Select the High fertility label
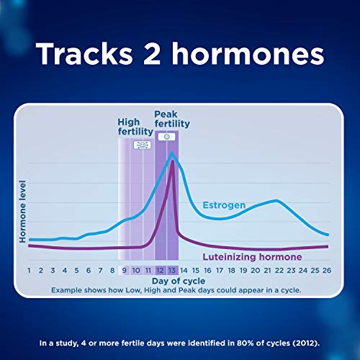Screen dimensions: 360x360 click(x=135, y=127)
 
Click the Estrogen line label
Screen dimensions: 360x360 click(x=224, y=205)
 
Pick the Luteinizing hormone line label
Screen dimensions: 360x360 click(x=251, y=257)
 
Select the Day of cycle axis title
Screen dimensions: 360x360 click(x=179, y=280)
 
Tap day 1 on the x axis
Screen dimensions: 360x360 click(x=29, y=270)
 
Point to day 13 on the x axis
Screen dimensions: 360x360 click(x=172, y=270)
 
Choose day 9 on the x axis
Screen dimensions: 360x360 click(x=124, y=270)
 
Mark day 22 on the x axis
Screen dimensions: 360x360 click(x=278, y=270)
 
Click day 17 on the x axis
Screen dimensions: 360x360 click(x=219, y=270)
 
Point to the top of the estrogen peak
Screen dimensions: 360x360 click(x=172, y=153)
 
